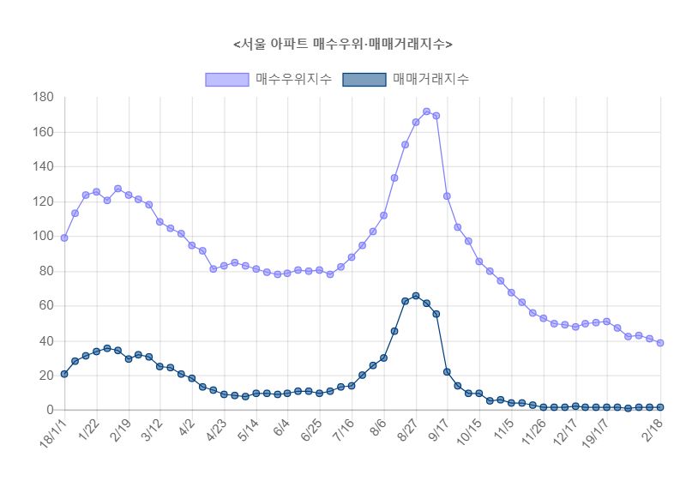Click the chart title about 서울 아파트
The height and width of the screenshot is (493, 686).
pyautogui.click(x=343, y=44)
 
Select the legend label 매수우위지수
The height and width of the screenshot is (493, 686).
pyautogui.click(x=294, y=79)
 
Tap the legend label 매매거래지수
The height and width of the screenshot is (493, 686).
pyautogui.click(x=430, y=79)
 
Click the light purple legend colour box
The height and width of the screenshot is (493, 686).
pyautogui.click(x=227, y=79)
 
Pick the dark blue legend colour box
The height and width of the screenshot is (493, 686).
pyautogui.click(x=364, y=79)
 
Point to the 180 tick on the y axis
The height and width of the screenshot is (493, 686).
pyautogui.click(x=43, y=97)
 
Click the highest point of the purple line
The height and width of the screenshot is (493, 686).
pyautogui.click(x=426, y=111)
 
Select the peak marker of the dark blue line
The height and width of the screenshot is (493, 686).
pyautogui.click(x=416, y=296)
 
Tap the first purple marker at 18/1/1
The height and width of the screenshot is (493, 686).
pyautogui.click(x=64, y=237)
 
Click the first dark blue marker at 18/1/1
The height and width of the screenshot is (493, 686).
pyautogui.click(x=64, y=374)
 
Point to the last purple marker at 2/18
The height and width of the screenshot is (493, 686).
pyautogui.click(x=660, y=343)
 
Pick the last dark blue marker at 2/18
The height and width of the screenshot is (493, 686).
pyautogui.click(x=660, y=407)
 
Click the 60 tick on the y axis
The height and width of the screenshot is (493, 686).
pyautogui.click(x=46, y=306)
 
